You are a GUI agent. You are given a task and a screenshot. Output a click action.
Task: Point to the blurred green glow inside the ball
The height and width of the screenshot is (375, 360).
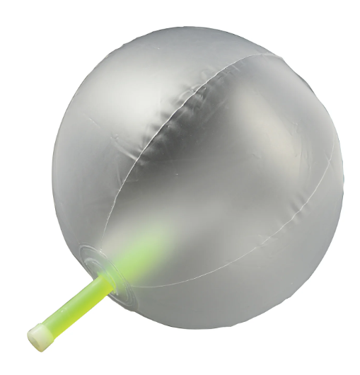coord(145,241)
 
